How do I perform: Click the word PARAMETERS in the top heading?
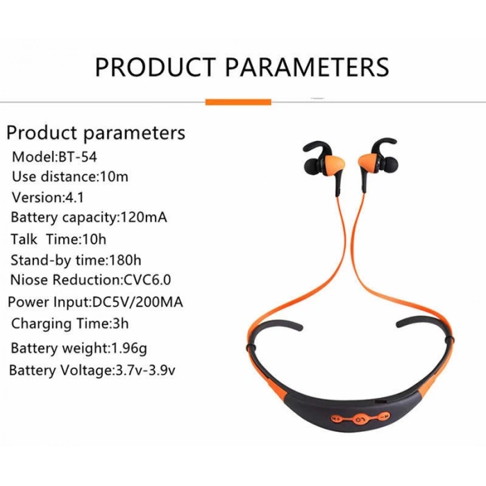tap(306, 67)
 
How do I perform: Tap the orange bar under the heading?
tap(238, 102)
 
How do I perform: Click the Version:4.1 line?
tap(47, 197)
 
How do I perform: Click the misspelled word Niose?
tap(29, 280)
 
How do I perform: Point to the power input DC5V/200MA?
tap(138, 303)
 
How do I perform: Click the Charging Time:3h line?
tap(69, 324)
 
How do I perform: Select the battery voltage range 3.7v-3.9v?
tap(144, 370)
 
